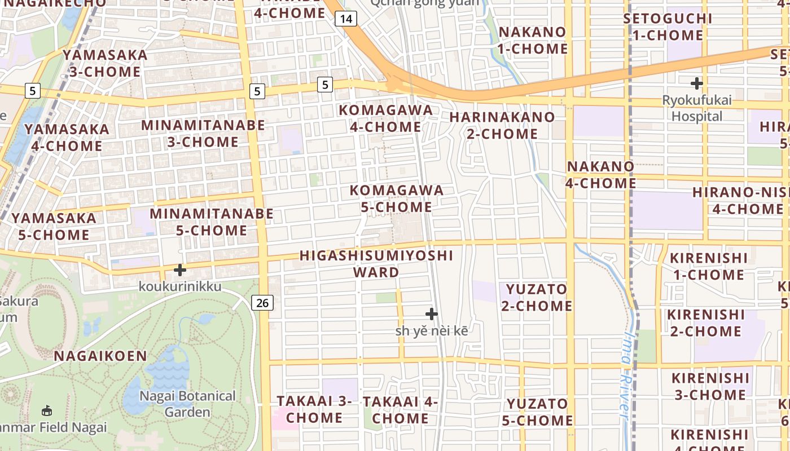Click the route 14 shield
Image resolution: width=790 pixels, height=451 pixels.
(346, 19)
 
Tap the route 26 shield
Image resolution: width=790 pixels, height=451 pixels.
(262, 303)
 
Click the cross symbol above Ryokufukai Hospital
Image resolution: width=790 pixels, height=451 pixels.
(697, 83)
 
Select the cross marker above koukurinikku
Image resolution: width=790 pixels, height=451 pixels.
(180, 270)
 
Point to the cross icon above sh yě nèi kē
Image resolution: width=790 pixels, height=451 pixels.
(432, 314)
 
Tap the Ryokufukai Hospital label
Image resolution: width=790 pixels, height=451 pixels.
(697, 109)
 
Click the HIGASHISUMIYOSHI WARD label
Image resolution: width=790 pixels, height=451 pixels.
(376, 264)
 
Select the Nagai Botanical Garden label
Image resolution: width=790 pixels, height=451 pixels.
(187, 404)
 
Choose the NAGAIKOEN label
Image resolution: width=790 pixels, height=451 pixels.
(100, 356)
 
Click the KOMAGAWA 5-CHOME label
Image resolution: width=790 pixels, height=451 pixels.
(397, 198)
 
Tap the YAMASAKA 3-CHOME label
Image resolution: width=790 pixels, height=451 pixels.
(105, 63)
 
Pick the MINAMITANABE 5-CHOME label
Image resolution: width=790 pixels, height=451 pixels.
(212, 222)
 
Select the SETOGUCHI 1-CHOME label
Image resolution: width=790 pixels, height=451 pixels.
(668, 26)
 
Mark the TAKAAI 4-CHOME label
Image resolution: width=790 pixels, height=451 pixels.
(401, 410)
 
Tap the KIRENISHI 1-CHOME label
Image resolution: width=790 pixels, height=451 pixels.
(708, 267)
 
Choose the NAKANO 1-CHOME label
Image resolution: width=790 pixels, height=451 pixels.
(532, 40)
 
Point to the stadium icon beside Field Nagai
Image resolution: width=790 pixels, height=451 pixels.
(47, 411)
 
